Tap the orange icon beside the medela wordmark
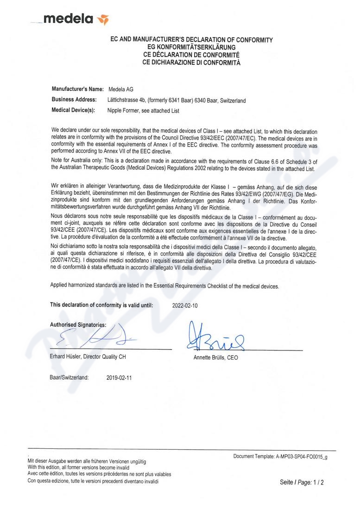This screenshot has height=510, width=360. coord(103,19)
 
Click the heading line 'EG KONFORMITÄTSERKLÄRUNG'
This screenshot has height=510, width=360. coord(191,47)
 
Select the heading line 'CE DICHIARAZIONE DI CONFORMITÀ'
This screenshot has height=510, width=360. coord(191,62)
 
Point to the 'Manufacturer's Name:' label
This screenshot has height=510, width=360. coord(77,89)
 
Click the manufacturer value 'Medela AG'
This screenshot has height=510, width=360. coord(120,89)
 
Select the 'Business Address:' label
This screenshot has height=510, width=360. coord(74,100)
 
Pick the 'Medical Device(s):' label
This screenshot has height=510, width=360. coord(73,110)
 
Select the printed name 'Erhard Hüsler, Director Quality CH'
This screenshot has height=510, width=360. coord(88,357)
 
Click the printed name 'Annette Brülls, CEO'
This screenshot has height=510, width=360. coord(215,358)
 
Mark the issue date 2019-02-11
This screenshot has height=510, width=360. coord(119,378)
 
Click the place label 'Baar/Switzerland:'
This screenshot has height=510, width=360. coord(69,378)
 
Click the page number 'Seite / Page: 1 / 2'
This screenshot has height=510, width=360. coord(302,482)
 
